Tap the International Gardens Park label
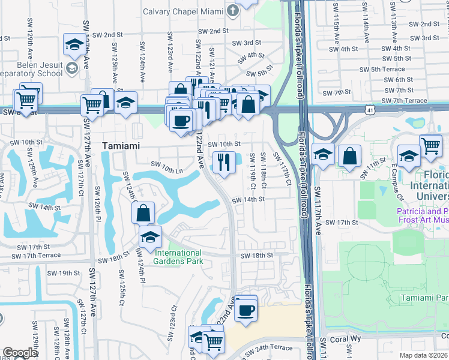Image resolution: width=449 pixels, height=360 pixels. pos(179,257)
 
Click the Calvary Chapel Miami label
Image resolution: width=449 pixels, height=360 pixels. pos(182,12)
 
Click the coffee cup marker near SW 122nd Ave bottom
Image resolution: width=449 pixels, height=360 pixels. pos(246,310)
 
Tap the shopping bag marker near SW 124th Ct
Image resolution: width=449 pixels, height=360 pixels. pos(143,213)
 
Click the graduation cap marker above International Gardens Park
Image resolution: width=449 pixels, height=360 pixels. pos(150,236)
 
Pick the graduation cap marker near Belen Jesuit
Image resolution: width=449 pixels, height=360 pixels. pos(74,44)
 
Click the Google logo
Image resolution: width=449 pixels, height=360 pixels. pos(20,353)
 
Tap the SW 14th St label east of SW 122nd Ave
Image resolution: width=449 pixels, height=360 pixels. pos(248,200)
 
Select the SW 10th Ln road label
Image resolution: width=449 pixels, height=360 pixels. pos(166,163)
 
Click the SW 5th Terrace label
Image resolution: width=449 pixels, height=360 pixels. pos(388,69)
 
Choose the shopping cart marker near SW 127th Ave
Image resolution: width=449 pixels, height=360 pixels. pos(92,104)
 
